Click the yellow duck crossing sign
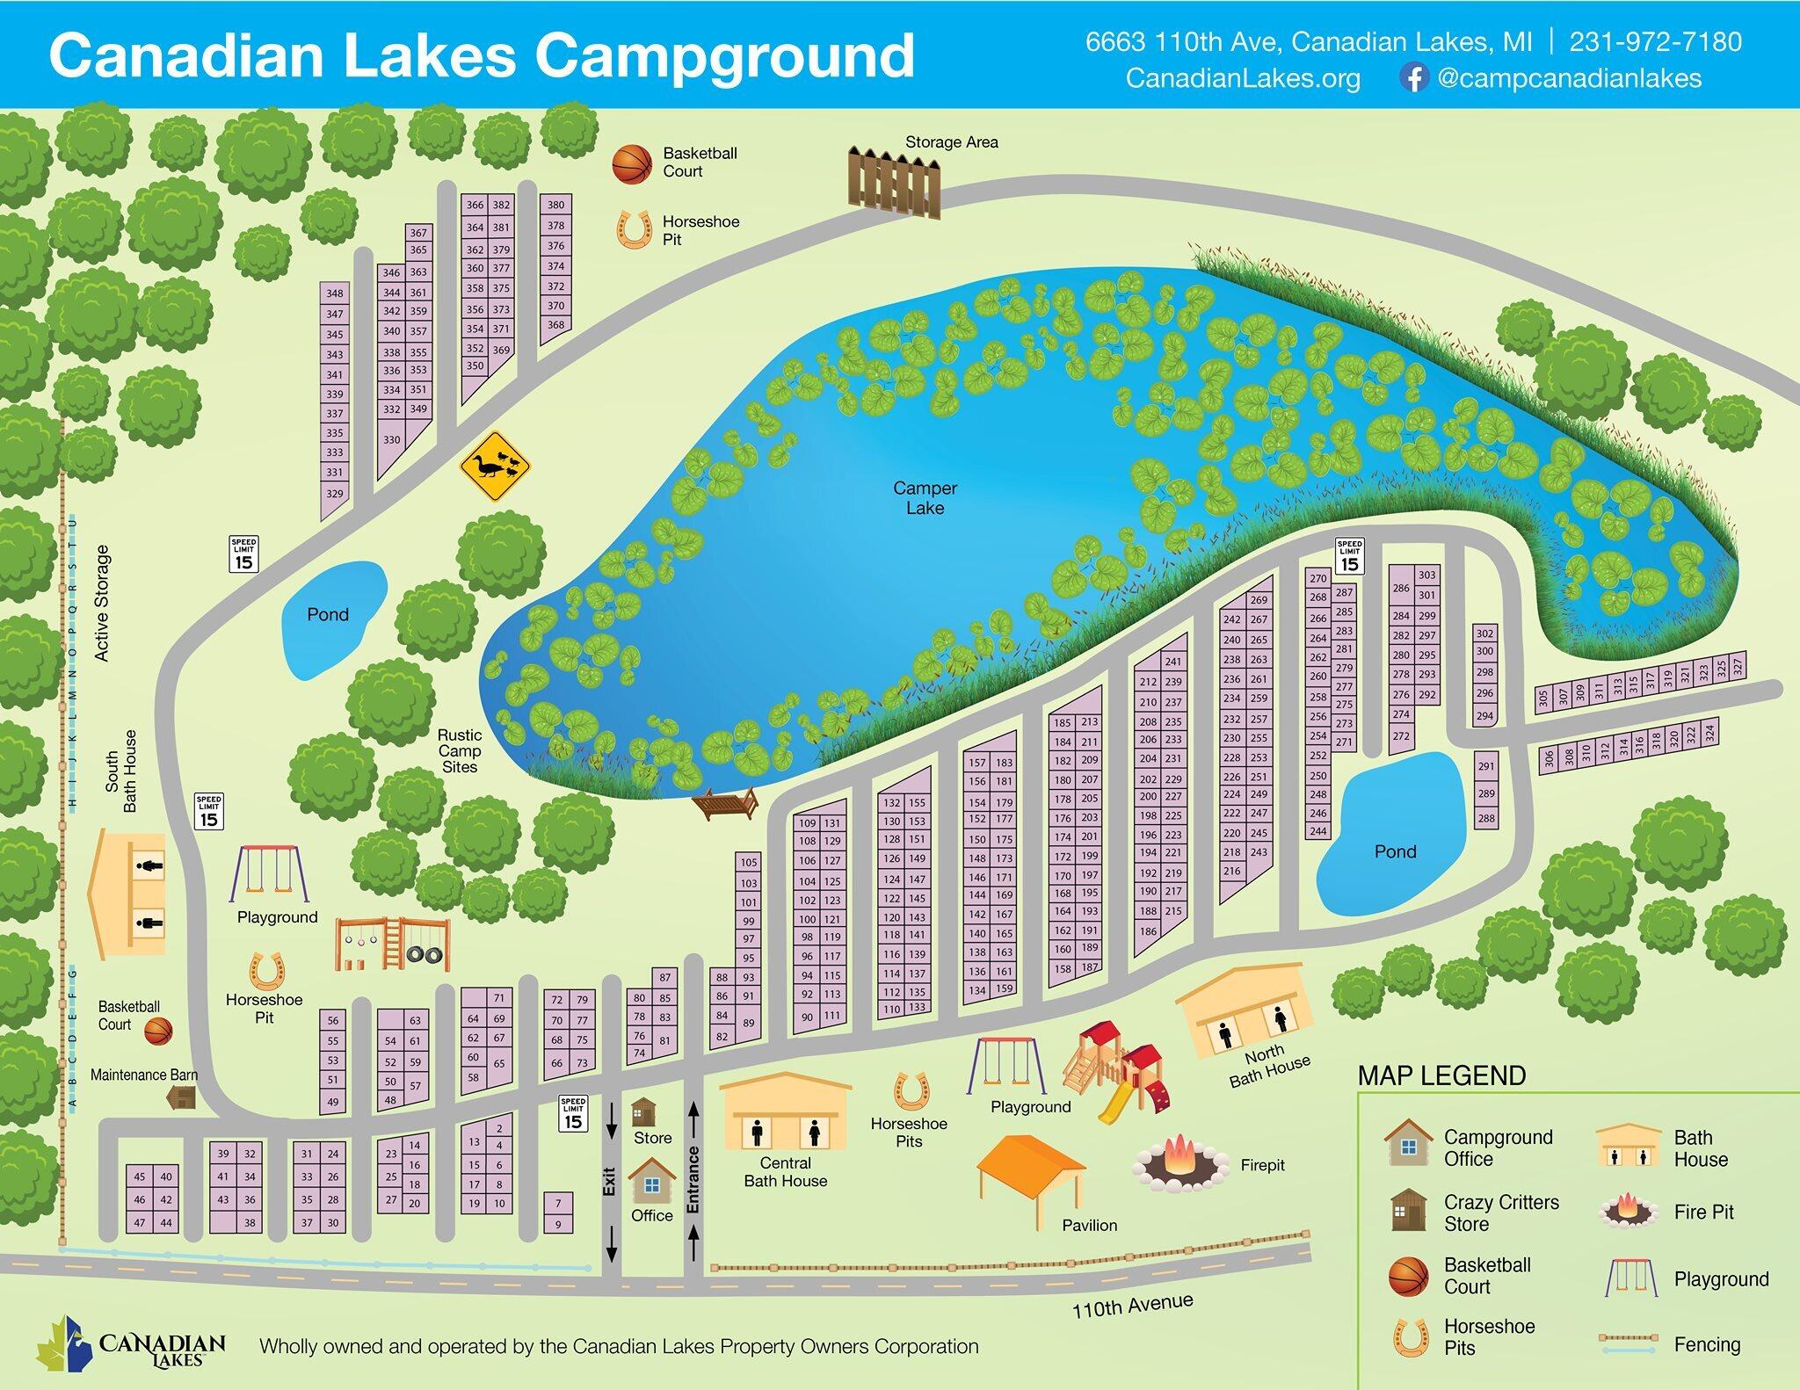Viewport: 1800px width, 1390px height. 495,467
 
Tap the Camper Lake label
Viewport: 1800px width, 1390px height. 925,498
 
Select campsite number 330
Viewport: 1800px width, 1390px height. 392,439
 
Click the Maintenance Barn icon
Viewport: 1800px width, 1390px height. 182,1097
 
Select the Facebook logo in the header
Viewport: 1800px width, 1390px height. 1413,79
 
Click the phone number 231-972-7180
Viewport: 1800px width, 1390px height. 1655,42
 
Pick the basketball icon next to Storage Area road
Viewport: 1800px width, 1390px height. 632,164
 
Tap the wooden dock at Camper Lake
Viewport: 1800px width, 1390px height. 726,802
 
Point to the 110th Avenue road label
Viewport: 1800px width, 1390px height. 1132,1306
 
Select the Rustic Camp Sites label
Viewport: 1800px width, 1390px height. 460,750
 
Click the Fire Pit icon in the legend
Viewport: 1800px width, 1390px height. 1629,1211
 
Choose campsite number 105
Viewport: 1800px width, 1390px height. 748,862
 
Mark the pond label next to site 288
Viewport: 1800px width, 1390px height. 1395,851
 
